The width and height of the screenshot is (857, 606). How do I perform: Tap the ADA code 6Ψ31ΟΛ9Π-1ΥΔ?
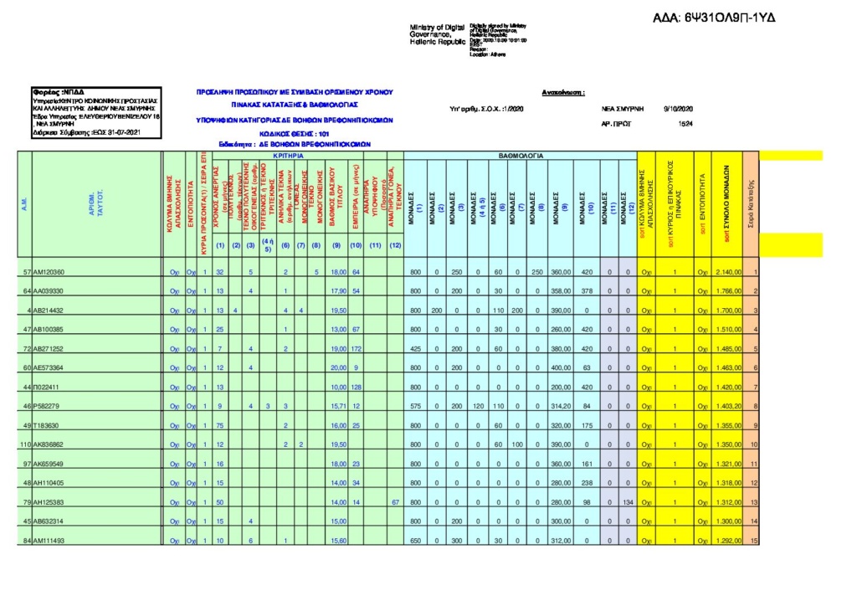714,18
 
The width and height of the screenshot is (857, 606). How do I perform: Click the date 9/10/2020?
679,109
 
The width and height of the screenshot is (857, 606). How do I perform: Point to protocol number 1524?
685,124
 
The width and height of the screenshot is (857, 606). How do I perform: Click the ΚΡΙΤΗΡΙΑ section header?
288,157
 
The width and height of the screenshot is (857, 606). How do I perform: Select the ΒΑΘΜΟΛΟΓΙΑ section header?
521,157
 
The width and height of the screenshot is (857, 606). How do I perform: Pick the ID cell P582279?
47,406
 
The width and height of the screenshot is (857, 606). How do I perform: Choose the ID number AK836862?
49,444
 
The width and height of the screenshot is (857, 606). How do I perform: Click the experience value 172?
356,348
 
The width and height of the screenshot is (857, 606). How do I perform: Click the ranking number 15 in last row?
755,541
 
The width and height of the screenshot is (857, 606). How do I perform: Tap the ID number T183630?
47,425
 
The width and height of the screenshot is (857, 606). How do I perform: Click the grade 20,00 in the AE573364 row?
338,367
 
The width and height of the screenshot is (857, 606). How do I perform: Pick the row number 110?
25,444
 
